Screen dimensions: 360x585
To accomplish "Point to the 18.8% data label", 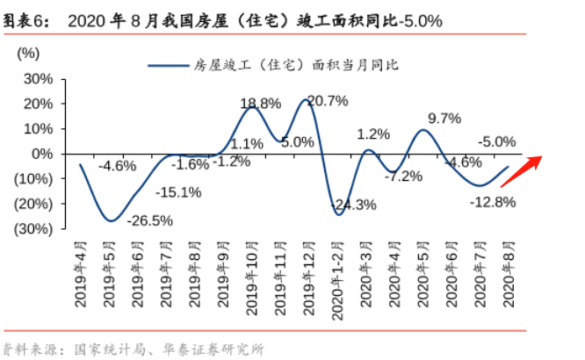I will coord(261,103).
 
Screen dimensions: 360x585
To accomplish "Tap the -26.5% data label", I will coord(149,220).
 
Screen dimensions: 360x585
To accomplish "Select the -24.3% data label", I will coord(353,205).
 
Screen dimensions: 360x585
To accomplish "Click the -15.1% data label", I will coord(178,192).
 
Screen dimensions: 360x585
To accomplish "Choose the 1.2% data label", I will coord(373,134).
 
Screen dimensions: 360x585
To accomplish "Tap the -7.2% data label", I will coord(404,176).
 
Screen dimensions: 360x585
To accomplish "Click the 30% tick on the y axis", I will coord(38,78).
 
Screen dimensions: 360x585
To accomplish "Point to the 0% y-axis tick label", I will coord(44,153).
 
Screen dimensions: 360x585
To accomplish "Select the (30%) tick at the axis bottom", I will coord(34,228).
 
